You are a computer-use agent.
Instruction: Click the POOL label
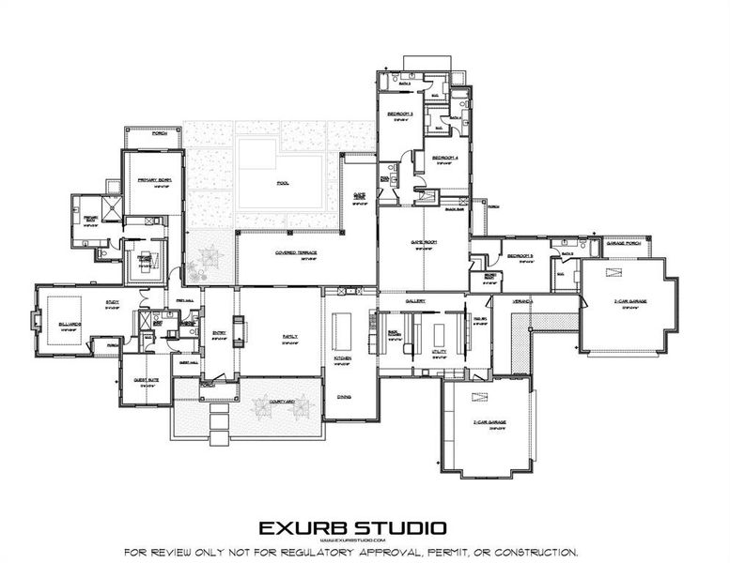pyautogui.click(x=282, y=183)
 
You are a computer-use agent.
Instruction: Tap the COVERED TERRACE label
pyautogui.click(x=287, y=252)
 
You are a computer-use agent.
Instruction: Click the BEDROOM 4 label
pyautogui.click(x=444, y=158)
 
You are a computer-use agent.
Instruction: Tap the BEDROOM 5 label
pyautogui.click(x=520, y=255)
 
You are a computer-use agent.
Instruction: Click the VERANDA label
pyautogui.click(x=522, y=300)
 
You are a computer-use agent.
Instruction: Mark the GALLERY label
pyautogui.click(x=416, y=301)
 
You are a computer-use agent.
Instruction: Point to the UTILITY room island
pyautogui.click(x=438, y=335)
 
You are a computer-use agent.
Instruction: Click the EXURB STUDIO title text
pyautogui.click(x=353, y=529)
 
